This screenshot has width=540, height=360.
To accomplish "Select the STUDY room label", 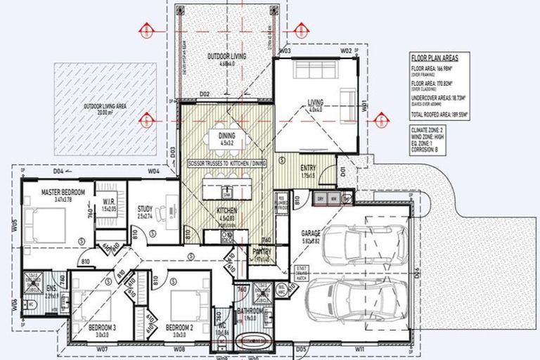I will pyautogui.click(x=146, y=208).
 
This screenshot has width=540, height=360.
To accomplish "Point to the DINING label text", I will pyautogui.click(x=226, y=136).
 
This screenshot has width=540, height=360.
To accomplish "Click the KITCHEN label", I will pyautogui.click(x=226, y=211).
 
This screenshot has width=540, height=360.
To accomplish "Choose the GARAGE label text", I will pyautogui.click(x=311, y=232).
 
